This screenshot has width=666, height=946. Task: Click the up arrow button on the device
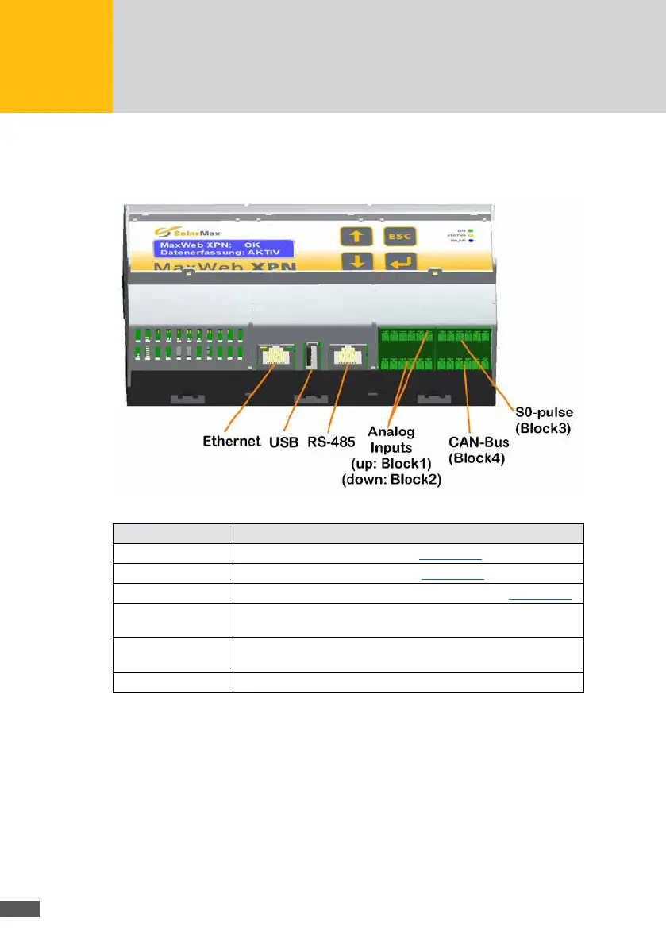[355, 236]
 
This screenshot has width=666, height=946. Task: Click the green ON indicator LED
[471, 230]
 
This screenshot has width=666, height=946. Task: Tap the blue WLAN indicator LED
[471, 244]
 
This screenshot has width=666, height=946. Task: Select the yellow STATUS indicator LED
[471, 237]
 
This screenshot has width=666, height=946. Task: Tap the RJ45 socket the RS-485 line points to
[348, 356]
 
